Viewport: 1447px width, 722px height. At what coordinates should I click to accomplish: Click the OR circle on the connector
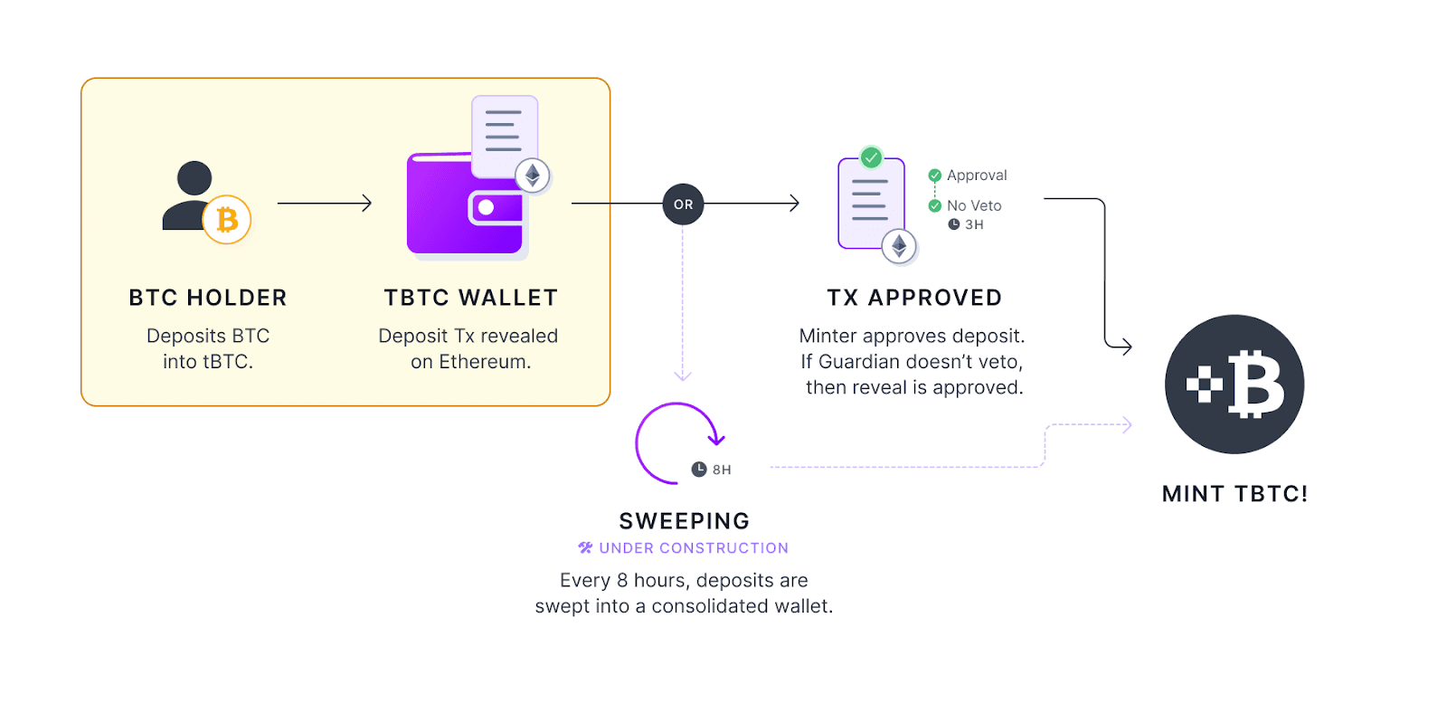tap(683, 204)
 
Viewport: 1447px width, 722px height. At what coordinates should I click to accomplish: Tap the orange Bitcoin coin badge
tap(226, 220)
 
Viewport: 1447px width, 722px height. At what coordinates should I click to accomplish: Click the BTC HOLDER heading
tap(208, 298)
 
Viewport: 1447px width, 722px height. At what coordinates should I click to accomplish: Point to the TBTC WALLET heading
tap(470, 298)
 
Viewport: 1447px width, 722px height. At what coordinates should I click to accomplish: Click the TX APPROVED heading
tap(914, 298)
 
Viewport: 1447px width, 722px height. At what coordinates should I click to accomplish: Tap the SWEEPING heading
tap(685, 521)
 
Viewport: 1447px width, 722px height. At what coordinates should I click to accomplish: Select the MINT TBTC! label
tap(1234, 494)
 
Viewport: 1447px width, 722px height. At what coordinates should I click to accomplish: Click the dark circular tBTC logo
tap(1234, 385)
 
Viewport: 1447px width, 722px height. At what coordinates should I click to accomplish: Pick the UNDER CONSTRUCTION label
tap(693, 548)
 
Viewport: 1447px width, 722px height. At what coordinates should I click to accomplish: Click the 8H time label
tap(721, 470)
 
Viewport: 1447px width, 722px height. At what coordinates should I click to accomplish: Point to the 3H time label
tap(973, 225)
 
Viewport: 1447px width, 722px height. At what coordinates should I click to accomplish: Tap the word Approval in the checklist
tap(977, 176)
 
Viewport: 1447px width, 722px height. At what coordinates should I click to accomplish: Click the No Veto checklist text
tap(974, 206)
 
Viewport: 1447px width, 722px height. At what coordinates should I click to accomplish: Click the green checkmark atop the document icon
tap(871, 157)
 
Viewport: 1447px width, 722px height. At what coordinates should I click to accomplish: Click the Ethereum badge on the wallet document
tap(533, 175)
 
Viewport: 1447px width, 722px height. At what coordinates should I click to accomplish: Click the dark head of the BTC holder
tap(194, 178)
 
